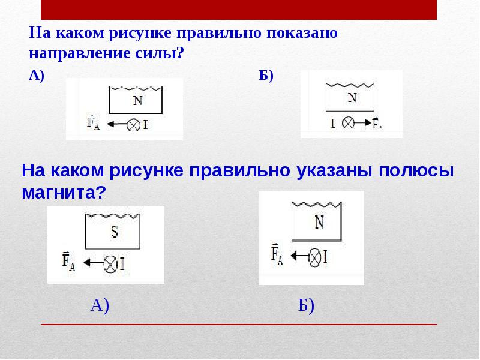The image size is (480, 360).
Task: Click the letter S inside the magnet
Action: (115, 232)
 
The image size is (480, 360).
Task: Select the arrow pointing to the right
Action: (361, 122)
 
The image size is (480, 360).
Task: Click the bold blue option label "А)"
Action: (37, 75)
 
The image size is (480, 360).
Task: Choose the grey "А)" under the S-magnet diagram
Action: (100, 306)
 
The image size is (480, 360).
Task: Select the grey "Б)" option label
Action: (306, 306)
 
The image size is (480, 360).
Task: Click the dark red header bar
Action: (239, 10)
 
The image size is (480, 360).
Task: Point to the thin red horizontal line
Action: (239, 325)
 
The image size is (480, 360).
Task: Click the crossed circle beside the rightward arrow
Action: (347, 122)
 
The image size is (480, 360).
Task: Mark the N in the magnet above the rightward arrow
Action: (352, 98)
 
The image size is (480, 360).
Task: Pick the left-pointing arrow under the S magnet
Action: (93, 263)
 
